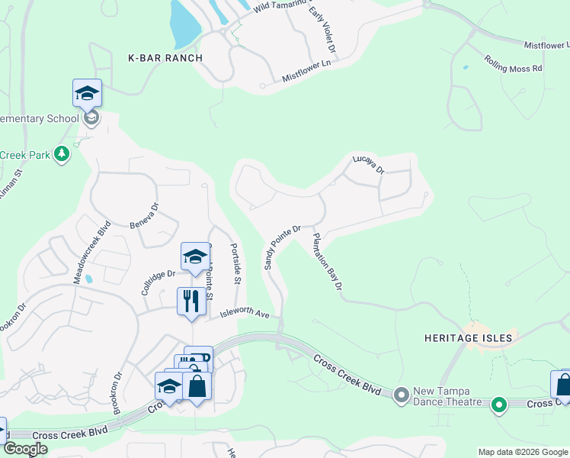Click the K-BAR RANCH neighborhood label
point(165,58)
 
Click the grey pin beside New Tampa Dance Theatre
point(402,395)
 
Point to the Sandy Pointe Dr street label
point(283,247)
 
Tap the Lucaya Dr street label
point(368,164)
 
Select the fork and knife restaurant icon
point(191,300)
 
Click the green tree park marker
point(62,155)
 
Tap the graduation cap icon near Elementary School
point(87,93)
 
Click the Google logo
point(25,450)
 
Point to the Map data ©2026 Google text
point(523,452)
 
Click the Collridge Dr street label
point(159,283)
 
